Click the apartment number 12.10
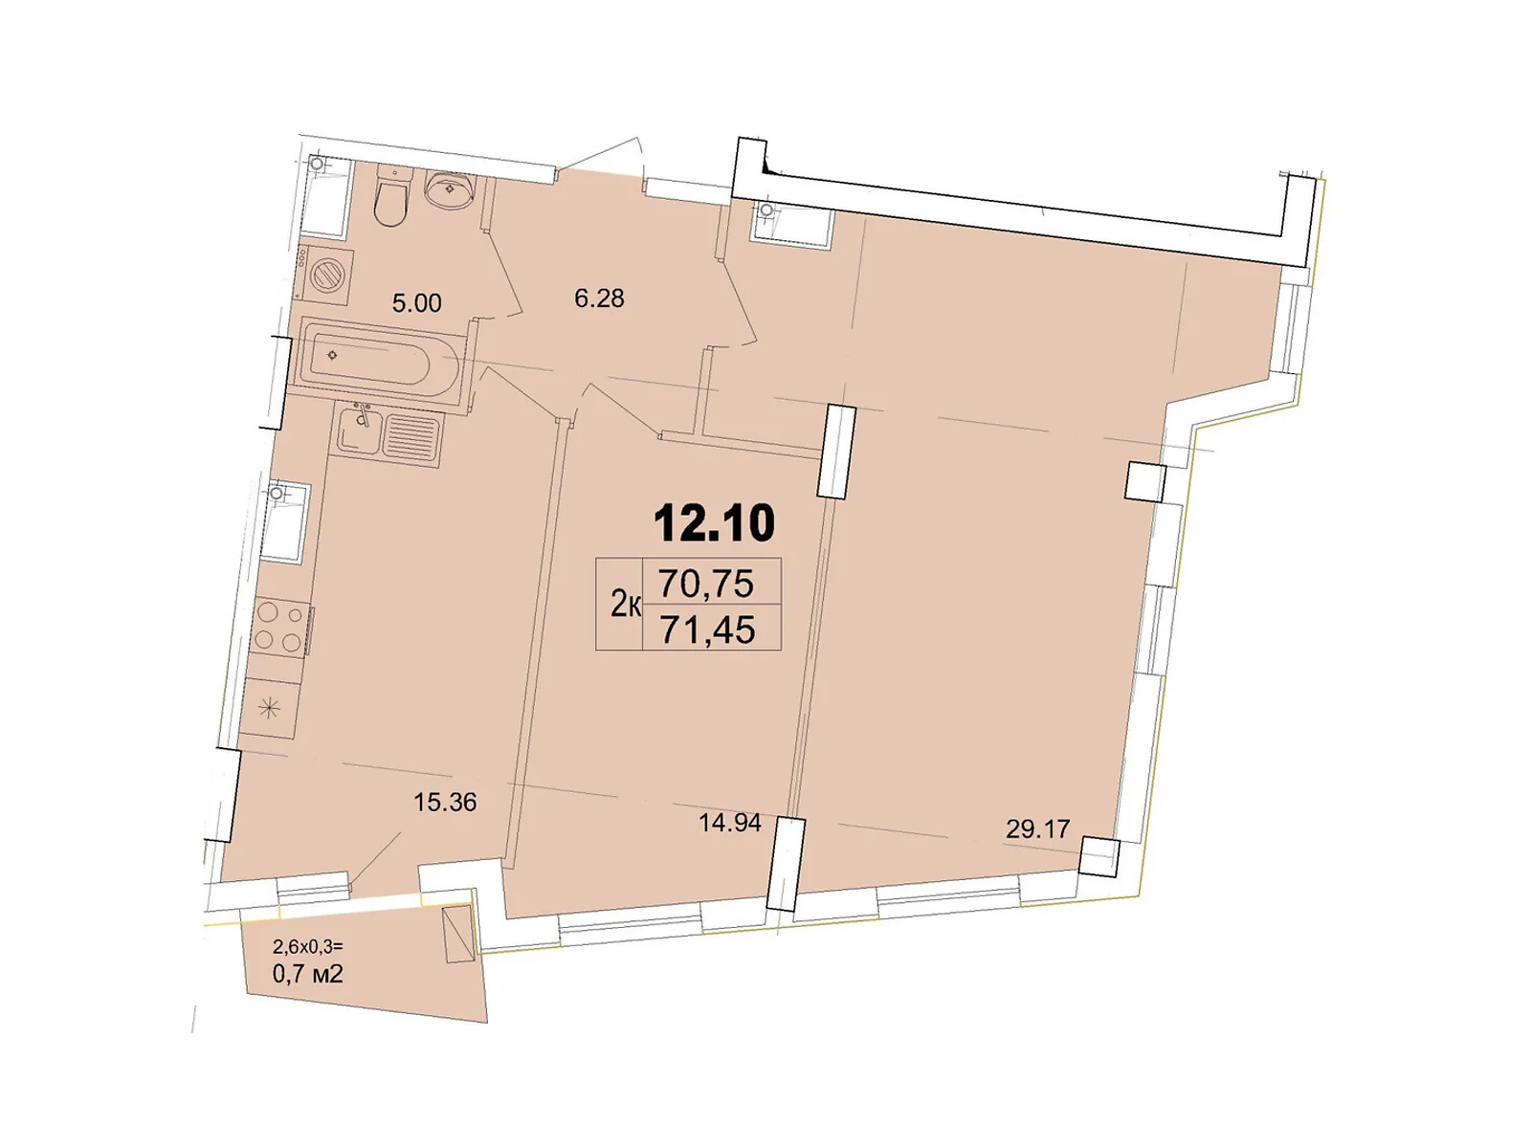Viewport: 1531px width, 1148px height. (714, 523)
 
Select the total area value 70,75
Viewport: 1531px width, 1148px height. (706, 583)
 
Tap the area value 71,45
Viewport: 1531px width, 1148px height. (707, 629)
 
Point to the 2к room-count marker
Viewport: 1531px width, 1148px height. (625, 605)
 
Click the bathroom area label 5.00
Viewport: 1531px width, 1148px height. (416, 303)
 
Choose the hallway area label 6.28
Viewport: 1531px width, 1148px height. (599, 298)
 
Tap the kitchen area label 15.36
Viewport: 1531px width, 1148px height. (444, 802)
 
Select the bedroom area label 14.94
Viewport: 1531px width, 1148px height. (729, 823)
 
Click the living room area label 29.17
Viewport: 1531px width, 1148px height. (1037, 828)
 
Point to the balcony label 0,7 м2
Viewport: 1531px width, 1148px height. (307, 974)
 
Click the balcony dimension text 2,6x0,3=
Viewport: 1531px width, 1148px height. (307, 947)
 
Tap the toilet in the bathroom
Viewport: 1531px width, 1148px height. (391, 198)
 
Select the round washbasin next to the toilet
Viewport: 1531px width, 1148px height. (448, 190)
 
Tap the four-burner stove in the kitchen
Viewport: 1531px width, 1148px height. (279, 627)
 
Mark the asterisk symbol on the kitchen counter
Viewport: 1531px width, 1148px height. (270, 708)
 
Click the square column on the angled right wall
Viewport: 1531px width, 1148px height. (1144, 481)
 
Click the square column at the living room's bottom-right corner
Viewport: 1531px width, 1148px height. (1098, 855)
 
